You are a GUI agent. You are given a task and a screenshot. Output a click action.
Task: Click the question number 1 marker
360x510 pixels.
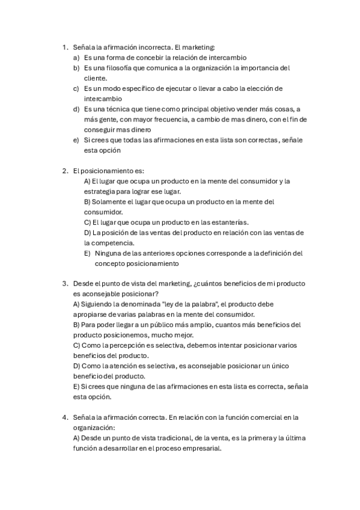pos(64,47)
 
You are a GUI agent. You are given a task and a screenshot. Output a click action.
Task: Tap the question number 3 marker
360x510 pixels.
pos(64,283)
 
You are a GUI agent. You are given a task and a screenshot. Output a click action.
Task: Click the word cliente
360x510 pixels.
pos(96,78)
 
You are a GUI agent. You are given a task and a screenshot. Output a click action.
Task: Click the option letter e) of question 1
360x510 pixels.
pos(76,140)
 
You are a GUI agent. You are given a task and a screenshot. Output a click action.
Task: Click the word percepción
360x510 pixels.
pos(131,345)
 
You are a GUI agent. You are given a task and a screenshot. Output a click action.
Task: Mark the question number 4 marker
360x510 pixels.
pos(64,417)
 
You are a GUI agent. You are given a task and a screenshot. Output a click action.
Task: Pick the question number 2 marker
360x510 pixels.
pos(64,171)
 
